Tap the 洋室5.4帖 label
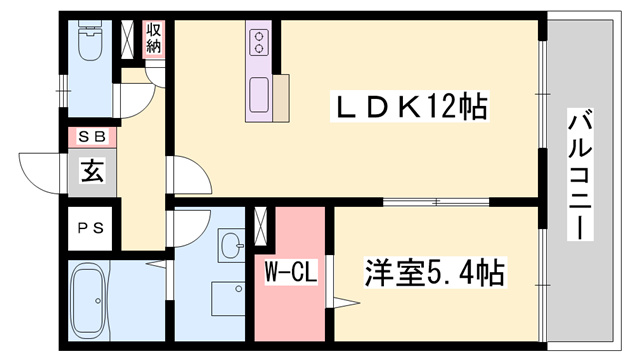432,272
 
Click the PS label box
91,228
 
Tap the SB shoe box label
92,136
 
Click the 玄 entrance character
92,171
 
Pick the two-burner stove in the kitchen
260,42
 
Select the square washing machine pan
228,299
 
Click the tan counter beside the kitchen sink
283,96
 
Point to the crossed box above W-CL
262,225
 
